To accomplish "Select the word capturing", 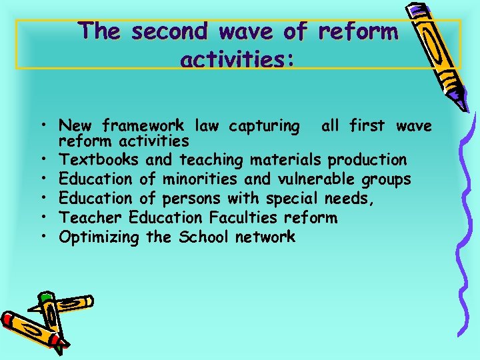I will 263,126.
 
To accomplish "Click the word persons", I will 189,199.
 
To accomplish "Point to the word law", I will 209,126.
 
